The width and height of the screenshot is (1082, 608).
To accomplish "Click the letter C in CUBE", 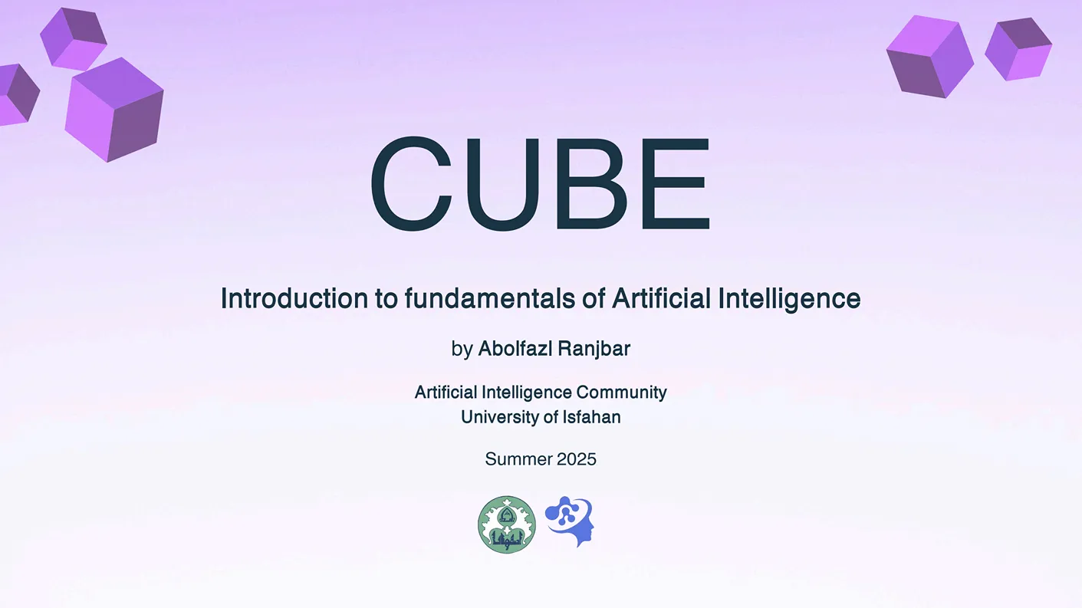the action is [x=412, y=183].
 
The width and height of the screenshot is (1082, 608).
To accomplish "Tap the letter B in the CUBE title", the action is [x=592, y=183].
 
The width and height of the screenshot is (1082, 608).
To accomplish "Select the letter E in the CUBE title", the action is [x=676, y=183].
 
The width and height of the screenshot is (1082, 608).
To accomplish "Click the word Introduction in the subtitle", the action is [x=294, y=298].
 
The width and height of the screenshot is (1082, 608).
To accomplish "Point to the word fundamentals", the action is [x=490, y=298].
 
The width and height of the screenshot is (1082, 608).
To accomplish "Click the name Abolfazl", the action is [x=515, y=348].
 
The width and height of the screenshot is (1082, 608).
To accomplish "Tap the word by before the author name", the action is [x=462, y=349].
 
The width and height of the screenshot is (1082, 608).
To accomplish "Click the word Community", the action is [x=622, y=392].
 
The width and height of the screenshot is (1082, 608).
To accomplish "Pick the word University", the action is [x=498, y=417].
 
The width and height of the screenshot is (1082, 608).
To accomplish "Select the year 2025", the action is [x=577, y=458].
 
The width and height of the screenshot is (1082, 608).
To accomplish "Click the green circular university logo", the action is [x=507, y=524].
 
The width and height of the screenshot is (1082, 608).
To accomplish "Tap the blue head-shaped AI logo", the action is [x=570, y=521].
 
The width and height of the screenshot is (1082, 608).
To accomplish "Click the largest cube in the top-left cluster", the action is [x=114, y=110].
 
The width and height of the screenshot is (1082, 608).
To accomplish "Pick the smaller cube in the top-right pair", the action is [x=1018, y=49].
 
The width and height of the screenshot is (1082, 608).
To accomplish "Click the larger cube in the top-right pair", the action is [x=930, y=57].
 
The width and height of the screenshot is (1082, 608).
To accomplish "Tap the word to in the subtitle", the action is [x=386, y=299].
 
